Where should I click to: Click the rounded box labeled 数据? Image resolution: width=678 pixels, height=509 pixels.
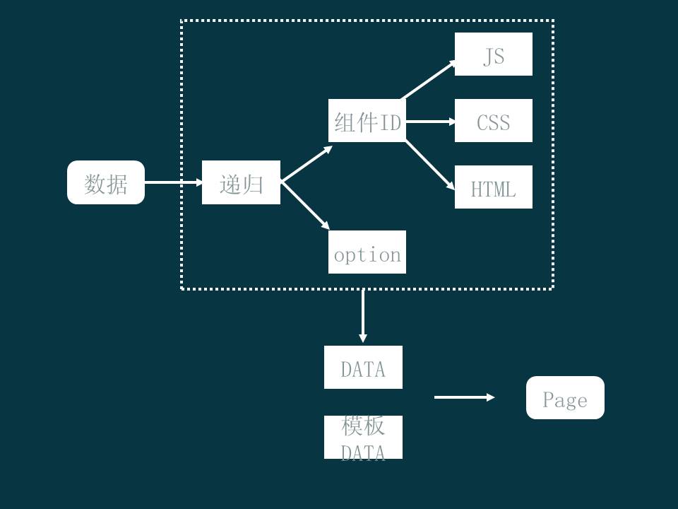[106, 182]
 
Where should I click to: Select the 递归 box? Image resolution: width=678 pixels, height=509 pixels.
[241, 182]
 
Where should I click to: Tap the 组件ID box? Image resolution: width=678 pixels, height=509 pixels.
[367, 121]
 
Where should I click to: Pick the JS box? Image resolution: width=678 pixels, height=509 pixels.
[493, 54]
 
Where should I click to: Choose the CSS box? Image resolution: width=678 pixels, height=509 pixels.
[493, 121]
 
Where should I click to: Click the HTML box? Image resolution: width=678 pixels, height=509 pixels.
[493, 187]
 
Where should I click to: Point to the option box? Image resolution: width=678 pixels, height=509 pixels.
[367, 252]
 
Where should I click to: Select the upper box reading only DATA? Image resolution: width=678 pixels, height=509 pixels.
[363, 367]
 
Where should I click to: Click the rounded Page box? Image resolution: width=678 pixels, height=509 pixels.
[565, 397]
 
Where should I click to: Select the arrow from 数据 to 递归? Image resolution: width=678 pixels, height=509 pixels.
[173, 182]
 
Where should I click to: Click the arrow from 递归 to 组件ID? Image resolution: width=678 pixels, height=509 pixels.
[306, 164]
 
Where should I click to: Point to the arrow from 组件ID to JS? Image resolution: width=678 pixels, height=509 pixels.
[429, 80]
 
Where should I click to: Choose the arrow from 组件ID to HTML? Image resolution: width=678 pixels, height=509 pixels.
[429, 165]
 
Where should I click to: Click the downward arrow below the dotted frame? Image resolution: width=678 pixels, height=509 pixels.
[363, 315]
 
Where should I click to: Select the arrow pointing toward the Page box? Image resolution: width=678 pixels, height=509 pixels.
[464, 397]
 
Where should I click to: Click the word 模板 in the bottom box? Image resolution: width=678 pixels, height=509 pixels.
[363, 426]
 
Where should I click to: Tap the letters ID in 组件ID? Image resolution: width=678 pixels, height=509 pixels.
[391, 123]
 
